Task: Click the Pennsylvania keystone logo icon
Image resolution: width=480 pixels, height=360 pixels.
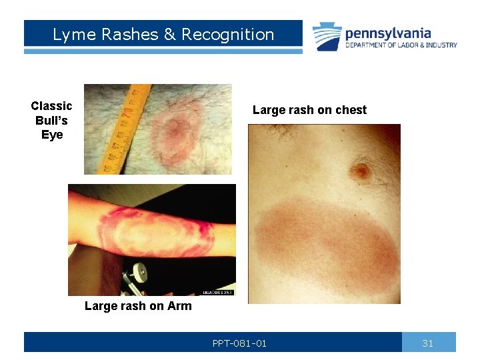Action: (x=327, y=36)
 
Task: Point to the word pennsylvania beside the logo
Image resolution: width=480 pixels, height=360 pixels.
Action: (x=388, y=33)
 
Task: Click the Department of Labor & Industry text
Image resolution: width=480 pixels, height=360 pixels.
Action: (x=401, y=45)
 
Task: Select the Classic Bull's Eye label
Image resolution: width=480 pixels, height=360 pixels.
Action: (x=51, y=120)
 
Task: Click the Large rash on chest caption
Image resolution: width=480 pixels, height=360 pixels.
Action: (x=309, y=110)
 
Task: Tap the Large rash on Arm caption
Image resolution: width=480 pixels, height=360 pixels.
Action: (x=138, y=306)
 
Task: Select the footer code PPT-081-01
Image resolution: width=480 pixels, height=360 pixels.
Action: (x=239, y=343)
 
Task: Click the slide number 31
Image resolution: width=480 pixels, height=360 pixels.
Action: (x=428, y=343)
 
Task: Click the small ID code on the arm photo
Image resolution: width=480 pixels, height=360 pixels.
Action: (x=218, y=292)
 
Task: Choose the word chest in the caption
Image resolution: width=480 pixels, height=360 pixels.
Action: (x=351, y=110)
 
